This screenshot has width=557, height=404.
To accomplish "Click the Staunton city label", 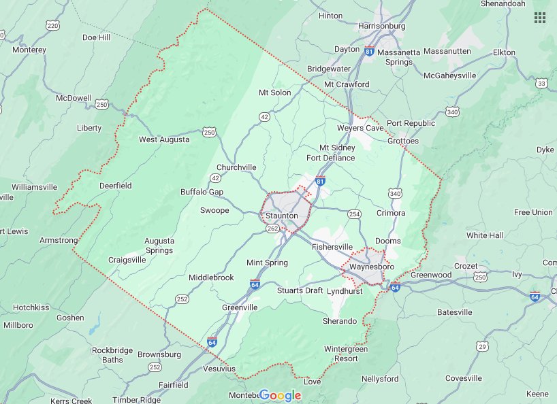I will click(x=282, y=216).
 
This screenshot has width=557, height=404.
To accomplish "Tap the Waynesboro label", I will click(x=371, y=267).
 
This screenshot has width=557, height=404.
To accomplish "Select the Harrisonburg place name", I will click(x=381, y=26).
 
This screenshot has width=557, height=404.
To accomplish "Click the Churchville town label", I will click(x=236, y=167).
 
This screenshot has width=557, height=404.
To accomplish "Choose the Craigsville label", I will click(x=127, y=260).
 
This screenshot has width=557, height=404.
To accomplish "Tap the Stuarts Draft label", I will click(x=300, y=290).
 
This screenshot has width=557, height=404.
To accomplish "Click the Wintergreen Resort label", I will click(x=346, y=354).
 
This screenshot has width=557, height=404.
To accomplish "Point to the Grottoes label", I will click(x=403, y=141).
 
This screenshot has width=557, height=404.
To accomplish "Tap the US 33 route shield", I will click(x=541, y=83).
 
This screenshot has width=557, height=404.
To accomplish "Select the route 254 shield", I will click(x=353, y=214).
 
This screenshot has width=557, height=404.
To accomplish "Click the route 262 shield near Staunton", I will click(x=273, y=229).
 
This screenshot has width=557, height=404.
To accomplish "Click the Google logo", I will click(x=280, y=395).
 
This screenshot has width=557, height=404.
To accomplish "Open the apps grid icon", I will click(x=540, y=18).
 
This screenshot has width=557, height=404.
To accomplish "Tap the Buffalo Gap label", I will click(x=202, y=192).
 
